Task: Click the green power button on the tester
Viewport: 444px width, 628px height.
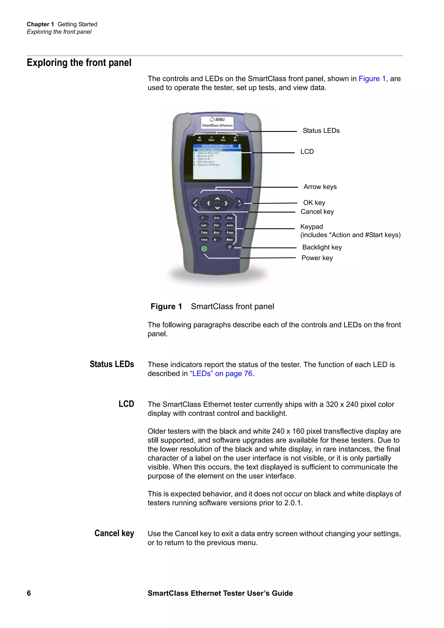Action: pos(204,249)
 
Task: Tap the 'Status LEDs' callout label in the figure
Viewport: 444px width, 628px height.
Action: pos(321,131)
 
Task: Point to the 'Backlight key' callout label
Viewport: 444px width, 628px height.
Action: pos(322,247)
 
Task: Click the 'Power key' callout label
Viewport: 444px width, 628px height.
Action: pos(317,258)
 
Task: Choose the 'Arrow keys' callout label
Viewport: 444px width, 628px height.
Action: pos(320,187)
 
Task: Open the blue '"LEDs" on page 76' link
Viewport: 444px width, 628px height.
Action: pos(221,374)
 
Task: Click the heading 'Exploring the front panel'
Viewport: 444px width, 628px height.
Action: pos(79,63)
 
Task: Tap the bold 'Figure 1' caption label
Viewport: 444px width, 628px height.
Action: pos(166,306)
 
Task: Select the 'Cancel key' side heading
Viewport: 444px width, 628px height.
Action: pos(114,533)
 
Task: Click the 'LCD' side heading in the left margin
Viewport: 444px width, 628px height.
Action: pos(126,404)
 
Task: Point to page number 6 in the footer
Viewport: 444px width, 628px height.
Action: pos(29,593)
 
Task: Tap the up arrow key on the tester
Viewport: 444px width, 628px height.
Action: pos(217,198)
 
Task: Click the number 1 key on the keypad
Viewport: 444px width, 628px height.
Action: pos(203,218)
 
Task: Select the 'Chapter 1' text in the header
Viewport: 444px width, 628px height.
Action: pos(40,24)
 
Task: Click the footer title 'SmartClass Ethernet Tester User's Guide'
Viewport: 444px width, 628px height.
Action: pos(220,593)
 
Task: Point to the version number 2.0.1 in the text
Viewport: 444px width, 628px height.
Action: pos(292,503)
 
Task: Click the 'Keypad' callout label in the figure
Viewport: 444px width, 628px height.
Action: pos(311,227)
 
